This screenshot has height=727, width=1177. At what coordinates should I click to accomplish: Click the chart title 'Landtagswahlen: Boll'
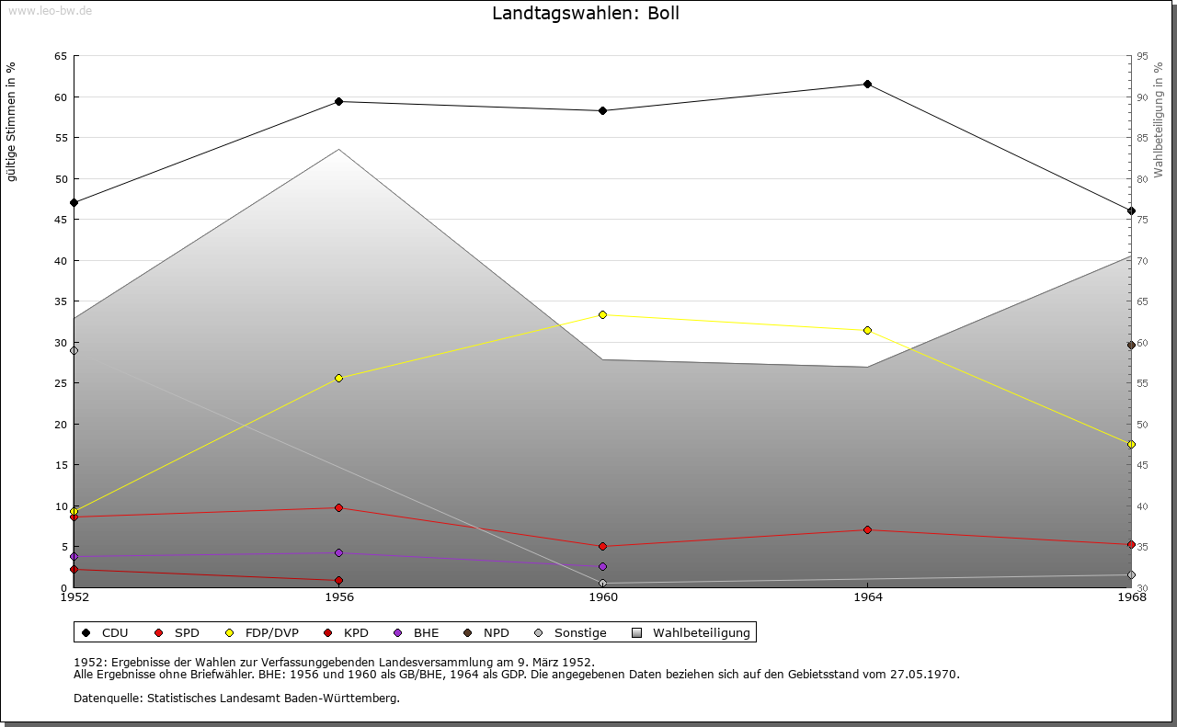[586, 14]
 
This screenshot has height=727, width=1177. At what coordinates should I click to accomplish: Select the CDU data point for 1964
[867, 85]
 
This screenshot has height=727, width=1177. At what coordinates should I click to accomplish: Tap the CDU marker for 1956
[339, 101]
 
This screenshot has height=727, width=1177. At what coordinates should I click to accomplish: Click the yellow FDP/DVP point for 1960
[602, 314]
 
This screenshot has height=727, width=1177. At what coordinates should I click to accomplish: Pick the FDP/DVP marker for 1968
[1131, 444]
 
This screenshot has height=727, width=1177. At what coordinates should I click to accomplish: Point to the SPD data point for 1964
[867, 529]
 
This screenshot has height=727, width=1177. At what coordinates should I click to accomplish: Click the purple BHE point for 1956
[339, 552]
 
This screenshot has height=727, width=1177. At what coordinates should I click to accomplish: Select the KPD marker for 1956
[339, 580]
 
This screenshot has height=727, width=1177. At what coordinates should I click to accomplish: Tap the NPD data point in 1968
[1131, 345]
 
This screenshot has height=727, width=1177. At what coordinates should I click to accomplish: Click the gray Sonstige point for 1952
[74, 350]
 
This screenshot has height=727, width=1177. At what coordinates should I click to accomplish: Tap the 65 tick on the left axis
[60, 56]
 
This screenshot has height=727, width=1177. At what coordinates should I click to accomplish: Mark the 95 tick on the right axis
[1142, 56]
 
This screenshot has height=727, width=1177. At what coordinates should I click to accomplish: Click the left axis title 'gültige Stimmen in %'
[12, 121]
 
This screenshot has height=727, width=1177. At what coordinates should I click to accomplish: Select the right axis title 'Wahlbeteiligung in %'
[1159, 119]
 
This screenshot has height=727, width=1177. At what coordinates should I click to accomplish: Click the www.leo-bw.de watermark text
[50, 10]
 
